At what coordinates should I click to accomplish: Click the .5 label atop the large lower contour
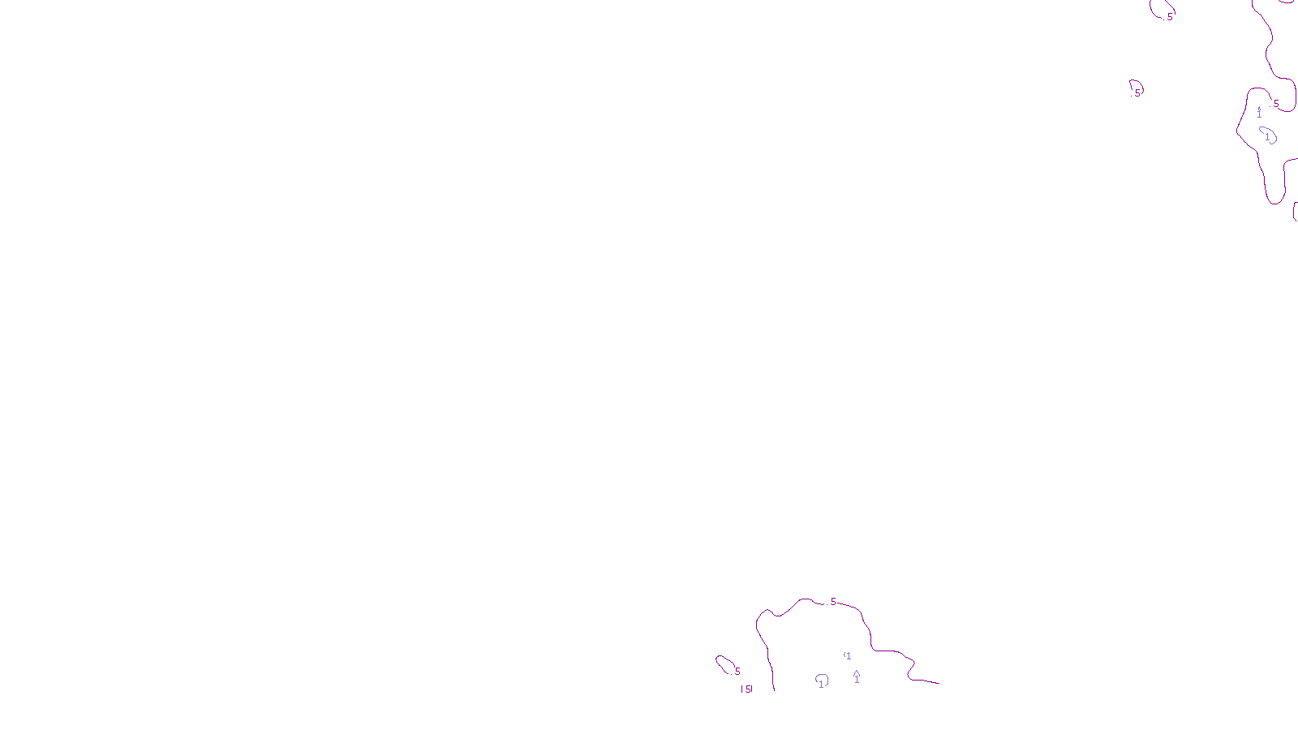(x=832, y=602)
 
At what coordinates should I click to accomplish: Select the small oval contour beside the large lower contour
(x=724, y=664)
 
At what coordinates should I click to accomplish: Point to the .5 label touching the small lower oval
(x=737, y=672)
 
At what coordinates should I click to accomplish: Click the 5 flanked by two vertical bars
(x=747, y=689)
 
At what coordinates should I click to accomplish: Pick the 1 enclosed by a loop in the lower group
(x=821, y=684)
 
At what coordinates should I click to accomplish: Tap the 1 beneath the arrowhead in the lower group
(x=857, y=681)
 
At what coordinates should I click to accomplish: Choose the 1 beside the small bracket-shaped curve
(x=849, y=656)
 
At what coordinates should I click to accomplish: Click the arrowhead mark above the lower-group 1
(x=857, y=672)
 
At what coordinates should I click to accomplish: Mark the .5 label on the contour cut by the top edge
(x=1169, y=17)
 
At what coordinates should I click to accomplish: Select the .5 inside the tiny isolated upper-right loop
(x=1137, y=92)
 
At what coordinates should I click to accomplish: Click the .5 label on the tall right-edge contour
(x=1275, y=104)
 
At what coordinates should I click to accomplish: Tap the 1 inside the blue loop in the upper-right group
(x=1267, y=137)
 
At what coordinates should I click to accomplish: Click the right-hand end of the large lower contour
(x=939, y=683)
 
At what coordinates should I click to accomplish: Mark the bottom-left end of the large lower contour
(x=774, y=689)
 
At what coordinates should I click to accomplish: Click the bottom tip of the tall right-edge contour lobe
(x=1276, y=203)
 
